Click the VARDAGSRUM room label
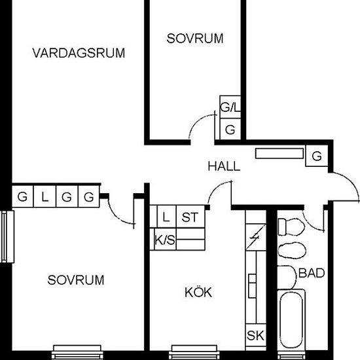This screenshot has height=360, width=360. [79, 53]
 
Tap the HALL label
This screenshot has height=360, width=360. [224, 166]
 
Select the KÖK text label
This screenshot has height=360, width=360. [199, 293]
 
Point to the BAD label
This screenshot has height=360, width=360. [312, 273]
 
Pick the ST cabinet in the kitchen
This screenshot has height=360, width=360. [190, 217]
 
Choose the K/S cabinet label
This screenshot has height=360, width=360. [164, 241]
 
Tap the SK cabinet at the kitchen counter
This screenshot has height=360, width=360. [255, 336]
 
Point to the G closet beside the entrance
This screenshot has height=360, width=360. [317, 156]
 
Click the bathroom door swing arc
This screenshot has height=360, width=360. [315, 219]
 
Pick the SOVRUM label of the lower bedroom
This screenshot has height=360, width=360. [76, 280]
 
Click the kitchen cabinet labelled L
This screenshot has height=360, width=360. [166, 217]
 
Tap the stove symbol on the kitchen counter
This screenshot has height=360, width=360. [255, 235]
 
